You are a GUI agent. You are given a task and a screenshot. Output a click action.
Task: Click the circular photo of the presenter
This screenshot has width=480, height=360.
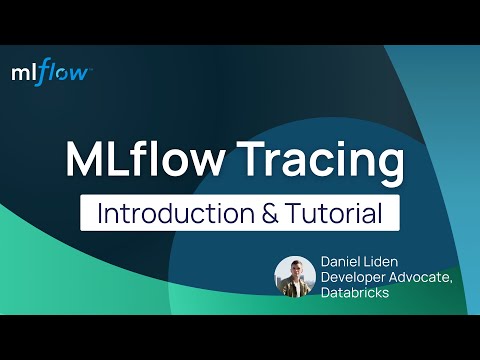[x=295, y=277]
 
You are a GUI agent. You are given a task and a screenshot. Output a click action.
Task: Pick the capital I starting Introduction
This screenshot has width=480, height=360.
[x=99, y=213]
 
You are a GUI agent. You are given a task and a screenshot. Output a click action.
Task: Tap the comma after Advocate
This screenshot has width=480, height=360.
[x=452, y=282]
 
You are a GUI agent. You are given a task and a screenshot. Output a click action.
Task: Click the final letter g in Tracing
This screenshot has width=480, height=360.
[x=394, y=166]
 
